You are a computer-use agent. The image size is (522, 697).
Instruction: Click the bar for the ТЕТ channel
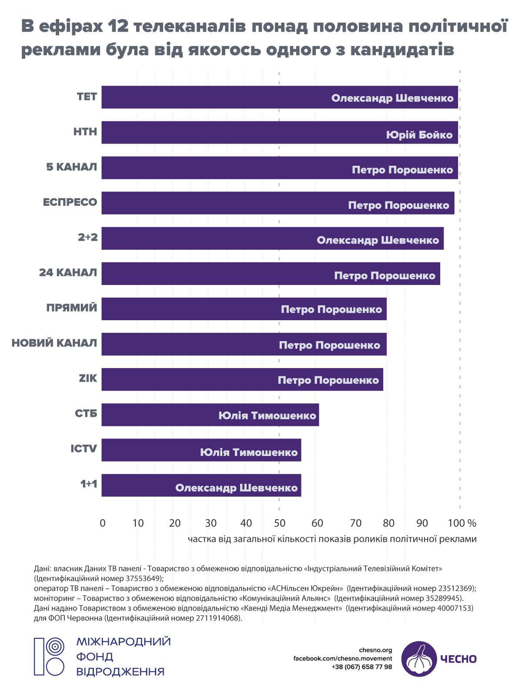[x=280, y=97]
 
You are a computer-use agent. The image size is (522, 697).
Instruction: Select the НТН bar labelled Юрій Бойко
[x=280, y=132]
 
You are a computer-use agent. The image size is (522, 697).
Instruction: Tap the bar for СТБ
[x=210, y=415]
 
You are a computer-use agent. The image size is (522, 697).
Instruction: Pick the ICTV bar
[x=201, y=450]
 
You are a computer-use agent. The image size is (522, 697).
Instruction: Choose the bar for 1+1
[x=201, y=485]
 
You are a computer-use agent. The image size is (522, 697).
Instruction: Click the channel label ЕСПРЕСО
[x=70, y=202]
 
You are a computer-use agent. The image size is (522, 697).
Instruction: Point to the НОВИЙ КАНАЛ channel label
[x=54, y=343]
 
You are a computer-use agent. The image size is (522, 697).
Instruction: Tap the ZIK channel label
[x=88, y=378]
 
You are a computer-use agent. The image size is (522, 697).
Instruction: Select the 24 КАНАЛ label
[x=68, y=273]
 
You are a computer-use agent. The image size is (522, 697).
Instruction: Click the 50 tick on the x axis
[x=279, y=523]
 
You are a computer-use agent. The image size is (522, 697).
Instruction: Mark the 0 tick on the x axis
[x=103, y=523]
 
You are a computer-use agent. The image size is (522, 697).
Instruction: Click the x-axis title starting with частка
[x=332, y=539]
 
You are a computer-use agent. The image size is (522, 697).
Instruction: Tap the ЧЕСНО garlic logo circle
[x=419, y=659]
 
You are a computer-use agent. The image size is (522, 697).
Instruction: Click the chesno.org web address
[x=375, y=650]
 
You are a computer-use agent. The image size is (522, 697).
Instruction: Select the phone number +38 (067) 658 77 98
[x=361, y=667]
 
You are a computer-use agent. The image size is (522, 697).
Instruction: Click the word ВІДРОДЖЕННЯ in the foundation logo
[x=120, y=672]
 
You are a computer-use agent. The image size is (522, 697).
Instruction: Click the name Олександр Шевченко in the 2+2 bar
[x=378, y=240]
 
